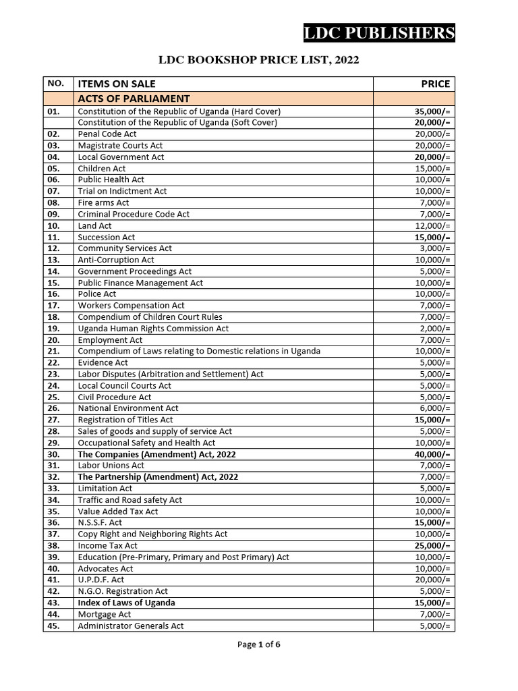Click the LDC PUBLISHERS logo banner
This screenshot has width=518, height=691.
coord(379,33)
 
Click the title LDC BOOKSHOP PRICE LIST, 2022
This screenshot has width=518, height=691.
coord(258,60)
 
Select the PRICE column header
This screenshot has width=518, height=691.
coord(435,84)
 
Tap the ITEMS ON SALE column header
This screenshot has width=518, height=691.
coord(117,84)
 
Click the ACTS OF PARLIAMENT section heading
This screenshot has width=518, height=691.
coord(134,99)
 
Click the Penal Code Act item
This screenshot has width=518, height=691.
coord(107,134)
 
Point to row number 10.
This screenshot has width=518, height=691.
coord(54,225)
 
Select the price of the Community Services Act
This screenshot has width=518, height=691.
coord(435,248)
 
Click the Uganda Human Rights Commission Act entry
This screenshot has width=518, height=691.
coord(153,329)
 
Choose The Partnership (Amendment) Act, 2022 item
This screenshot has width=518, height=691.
coord(158,477)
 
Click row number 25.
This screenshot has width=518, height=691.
coord(54,397)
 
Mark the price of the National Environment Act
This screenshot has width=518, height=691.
coord(435,408)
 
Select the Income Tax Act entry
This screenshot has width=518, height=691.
coord(107,545)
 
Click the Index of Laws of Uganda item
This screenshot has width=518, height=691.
coord(126,603)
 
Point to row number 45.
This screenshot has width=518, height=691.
coord(54,626)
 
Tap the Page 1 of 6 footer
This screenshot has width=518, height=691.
coord(258,644)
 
